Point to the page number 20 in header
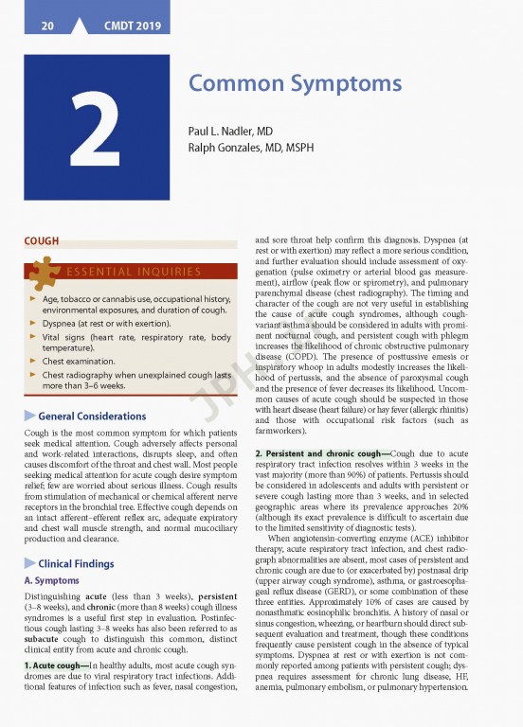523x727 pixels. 46,27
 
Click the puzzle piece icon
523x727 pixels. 44,272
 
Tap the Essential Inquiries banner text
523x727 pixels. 133,273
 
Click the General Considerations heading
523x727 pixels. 92,416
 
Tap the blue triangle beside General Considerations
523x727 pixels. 30,416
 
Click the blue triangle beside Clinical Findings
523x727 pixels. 30,563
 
